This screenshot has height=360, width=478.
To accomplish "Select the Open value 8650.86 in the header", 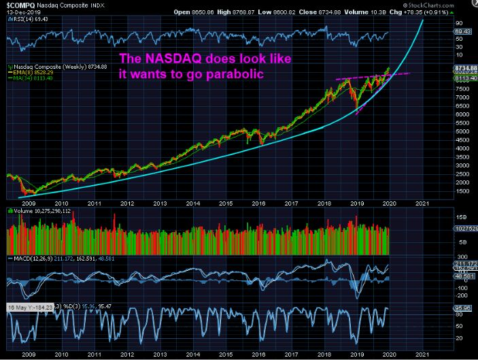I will [x=231, y=12].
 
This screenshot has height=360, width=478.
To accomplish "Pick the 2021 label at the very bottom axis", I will [x=422, y=354].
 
